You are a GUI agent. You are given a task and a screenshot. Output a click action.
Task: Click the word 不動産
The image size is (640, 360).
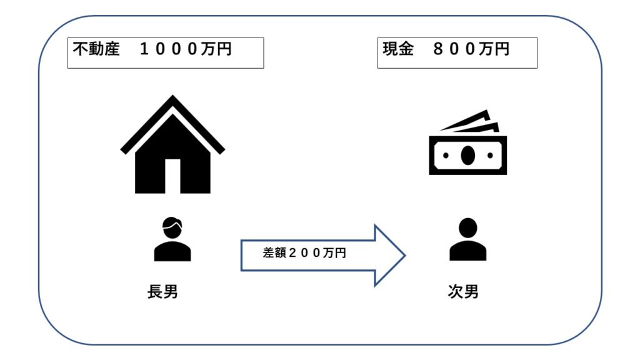pos(96,49)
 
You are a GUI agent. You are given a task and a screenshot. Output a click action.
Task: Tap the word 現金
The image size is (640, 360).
pos(397,49)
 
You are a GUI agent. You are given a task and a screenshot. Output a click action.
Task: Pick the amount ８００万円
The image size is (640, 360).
pos(471,49)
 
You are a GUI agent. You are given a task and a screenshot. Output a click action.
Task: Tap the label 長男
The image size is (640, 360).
pos(162,291)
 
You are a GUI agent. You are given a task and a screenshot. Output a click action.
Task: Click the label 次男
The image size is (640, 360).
pos(463,291)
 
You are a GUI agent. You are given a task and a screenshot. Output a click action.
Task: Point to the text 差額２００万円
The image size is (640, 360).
pos(304,254)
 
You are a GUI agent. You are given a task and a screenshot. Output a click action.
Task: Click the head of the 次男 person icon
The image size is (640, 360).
pos(467,227)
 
